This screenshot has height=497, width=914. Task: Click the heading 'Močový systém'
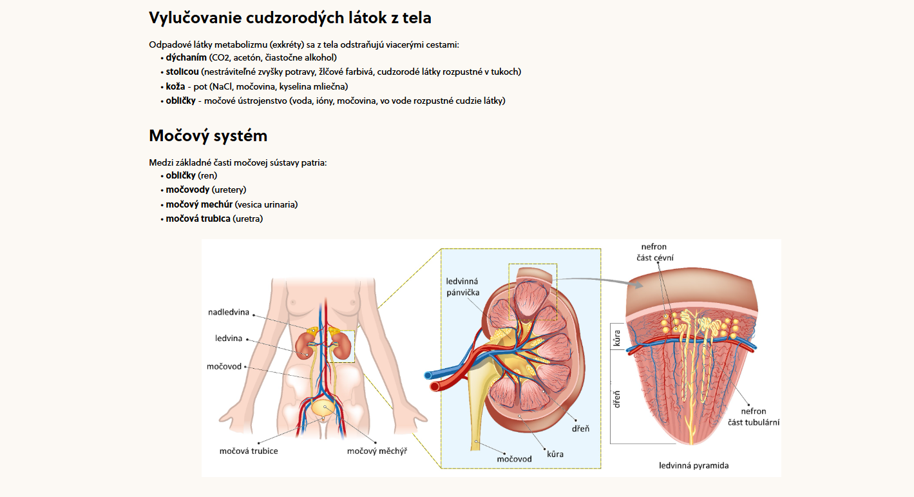click(207, 136)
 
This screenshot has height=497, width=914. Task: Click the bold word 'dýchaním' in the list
click(186, 57)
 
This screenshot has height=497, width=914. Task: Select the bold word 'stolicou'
click(182, 72)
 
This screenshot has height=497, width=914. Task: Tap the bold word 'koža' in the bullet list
click(175, 86)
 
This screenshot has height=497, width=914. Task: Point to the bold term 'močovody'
click(187, 190)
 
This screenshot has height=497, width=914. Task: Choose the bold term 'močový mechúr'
click(199, 204)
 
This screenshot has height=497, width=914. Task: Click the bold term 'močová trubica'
click(198, 219)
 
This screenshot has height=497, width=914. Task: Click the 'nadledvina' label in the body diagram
click(229, 313)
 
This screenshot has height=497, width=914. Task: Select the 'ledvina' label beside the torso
click(229, 338)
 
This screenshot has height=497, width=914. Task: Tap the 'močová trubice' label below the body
click(249, 451)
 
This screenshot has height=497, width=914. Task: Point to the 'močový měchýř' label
click(377, 451)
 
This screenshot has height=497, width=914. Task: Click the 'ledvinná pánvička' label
click(462, 287)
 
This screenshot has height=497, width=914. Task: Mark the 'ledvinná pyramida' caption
click(694, 465)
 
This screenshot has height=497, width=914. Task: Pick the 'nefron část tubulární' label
click(754, 417)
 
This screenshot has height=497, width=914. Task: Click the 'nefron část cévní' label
click(654, 252)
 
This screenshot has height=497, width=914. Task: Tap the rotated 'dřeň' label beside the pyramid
click(617, 399)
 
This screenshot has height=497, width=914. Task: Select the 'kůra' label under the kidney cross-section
click(555, 454)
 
